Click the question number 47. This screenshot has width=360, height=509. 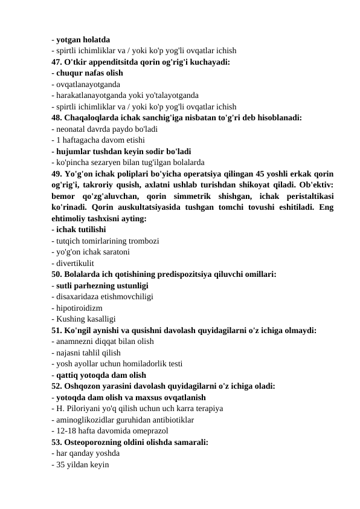coord(57,62)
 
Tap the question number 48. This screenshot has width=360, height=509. coord(57,118)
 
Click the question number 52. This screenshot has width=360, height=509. coord(57,386)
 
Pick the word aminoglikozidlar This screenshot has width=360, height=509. coord(86,420)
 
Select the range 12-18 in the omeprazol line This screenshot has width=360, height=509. coord(65,431)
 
